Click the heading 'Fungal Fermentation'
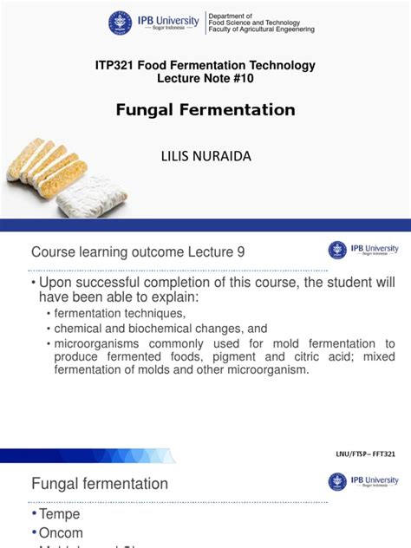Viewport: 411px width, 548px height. click(205, 110)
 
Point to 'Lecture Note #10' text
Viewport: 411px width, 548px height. click(205, 78)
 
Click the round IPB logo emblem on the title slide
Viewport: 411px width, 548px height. click(121, 23)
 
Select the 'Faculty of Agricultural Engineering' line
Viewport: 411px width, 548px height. click(261, 29)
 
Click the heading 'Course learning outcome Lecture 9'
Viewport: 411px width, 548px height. click(138, 251)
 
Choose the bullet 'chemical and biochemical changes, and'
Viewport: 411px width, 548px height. click(161, 329)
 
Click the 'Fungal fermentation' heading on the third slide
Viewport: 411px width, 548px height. click(100, 483)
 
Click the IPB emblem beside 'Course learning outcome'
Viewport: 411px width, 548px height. click(337, 250)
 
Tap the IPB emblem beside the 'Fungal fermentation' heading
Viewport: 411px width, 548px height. click(337, 481)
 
